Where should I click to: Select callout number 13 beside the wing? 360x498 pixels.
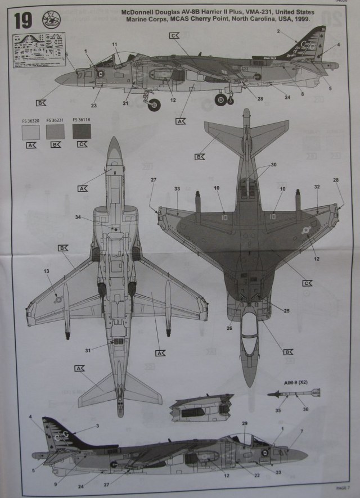46,271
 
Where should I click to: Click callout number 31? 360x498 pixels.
88,351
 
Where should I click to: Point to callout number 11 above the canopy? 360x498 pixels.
114,44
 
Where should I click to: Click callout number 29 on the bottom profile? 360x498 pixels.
245,423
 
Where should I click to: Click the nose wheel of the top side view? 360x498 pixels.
154,104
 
